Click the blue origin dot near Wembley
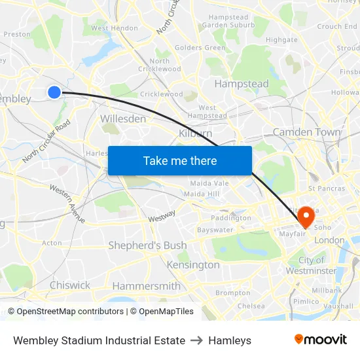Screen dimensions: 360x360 [54, 92]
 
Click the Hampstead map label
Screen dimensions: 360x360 [242, 84]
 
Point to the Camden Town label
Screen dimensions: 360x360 [306, 132]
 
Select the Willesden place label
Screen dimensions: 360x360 [122, 119]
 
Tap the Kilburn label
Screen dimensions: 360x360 [195, 133]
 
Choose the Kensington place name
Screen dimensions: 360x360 [193, 265]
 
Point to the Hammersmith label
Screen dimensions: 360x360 [146, 286]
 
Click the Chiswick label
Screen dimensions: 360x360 [70, 285]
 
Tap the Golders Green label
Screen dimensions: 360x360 [200, 48]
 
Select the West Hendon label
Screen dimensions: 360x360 [115, 28]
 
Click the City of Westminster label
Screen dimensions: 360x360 [312, 266]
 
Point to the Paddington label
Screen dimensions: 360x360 [230, 218]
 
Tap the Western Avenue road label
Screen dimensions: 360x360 [67, 203]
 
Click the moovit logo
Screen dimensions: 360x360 [320, 340]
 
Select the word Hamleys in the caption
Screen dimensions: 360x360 [230, 340]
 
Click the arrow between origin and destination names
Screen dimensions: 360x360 [196, 340]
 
